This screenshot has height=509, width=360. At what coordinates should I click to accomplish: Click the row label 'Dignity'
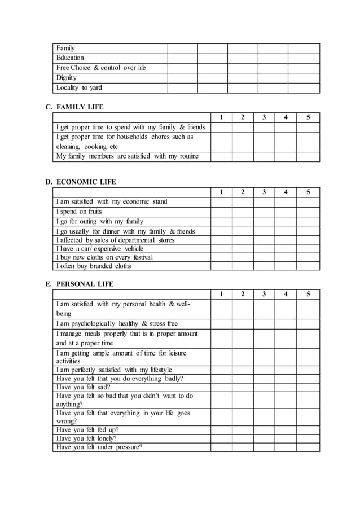66,78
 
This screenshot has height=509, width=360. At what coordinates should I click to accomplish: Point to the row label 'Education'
70,58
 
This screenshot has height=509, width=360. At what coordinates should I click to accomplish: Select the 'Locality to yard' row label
79,88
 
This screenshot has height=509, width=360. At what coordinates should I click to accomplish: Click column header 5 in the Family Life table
308,117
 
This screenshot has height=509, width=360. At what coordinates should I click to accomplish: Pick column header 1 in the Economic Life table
221,192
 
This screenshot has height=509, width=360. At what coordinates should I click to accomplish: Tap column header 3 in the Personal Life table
264,294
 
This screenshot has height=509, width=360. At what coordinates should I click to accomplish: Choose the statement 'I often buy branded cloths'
93,266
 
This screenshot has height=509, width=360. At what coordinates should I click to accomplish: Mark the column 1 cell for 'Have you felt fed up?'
221,429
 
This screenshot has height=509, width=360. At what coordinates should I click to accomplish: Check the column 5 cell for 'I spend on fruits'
308,212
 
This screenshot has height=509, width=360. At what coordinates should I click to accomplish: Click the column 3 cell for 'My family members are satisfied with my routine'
264,157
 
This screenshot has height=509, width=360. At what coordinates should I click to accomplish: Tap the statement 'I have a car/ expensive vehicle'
100,249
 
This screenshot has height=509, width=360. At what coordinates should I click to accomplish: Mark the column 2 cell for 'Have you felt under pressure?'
243,447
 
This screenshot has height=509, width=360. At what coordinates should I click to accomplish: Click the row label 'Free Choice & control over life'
101,68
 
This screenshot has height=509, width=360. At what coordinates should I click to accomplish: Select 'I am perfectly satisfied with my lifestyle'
114,370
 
